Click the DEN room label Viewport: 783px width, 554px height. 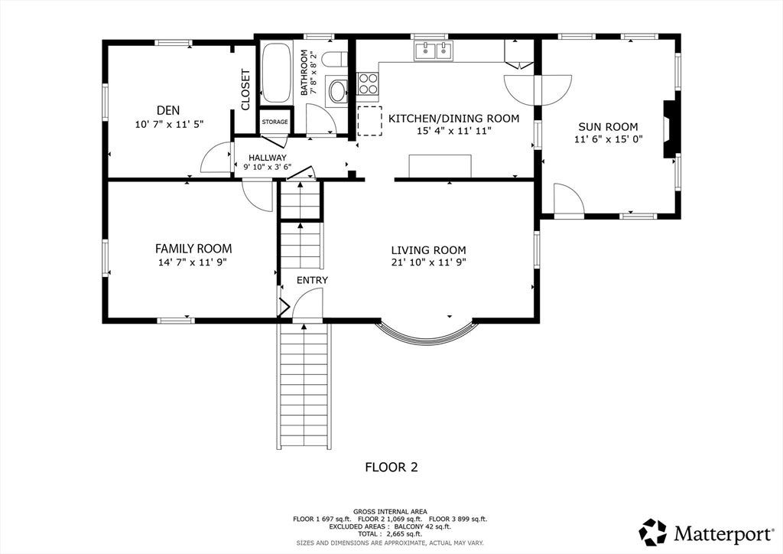pyautogui.click(x=168, y=110)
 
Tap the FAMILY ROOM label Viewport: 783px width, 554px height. pyautogui.click(x=193, y=248)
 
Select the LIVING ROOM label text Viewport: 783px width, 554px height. pyautogui.click(x=428, y=250)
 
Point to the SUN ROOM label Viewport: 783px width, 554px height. pyautogui.click(x=608, y=127)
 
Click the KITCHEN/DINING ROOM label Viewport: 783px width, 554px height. pyautogui.click(x=454, y=119)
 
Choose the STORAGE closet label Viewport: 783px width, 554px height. pyautogui.click(x=275, y=122)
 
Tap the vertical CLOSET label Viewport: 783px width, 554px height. pyautogui.click(x=245, y=90)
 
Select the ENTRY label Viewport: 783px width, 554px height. pyautogui.click(x=312, y=280)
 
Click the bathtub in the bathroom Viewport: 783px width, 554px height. pyautogui.click(x=275, y=73)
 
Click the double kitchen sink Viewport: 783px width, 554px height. pyautogui.click(x=433, y=51)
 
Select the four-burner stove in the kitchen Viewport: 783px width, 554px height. pyautogui.click(x=369, y=83)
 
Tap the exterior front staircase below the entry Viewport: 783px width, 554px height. pyautogui.click(x=304, y=386)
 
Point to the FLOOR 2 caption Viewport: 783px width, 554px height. pyautogui.click(x=391, y=467)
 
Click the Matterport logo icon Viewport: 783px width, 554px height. pyautogui.click(x=653, y=532)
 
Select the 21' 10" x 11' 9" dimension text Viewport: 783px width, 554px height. pyautogui.click(x=428, y=262)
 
